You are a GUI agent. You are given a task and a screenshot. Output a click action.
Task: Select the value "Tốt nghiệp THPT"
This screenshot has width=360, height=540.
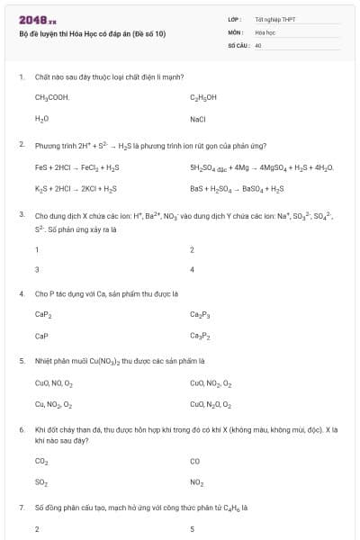coord(275,19)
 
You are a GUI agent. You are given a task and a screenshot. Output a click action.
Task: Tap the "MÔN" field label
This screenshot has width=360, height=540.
coord(236,31)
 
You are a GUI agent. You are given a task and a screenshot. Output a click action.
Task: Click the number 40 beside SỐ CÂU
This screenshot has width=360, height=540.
coord(258,44)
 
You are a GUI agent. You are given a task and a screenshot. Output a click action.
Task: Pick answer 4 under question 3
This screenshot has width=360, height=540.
coord(193,269)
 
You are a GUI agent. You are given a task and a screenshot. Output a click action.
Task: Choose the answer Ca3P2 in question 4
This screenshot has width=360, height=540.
coord(200,336)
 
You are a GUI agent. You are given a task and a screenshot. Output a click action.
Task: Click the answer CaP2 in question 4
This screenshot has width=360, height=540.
coord(43,314)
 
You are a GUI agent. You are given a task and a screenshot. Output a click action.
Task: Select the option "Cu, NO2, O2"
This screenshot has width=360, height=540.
coord(54,405)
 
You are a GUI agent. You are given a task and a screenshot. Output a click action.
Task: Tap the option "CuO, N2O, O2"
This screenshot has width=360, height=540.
coord(211,405)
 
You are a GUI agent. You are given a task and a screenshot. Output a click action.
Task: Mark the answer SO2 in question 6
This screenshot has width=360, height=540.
coord(41,482)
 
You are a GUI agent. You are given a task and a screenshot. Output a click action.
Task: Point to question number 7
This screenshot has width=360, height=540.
coord(21,508)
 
